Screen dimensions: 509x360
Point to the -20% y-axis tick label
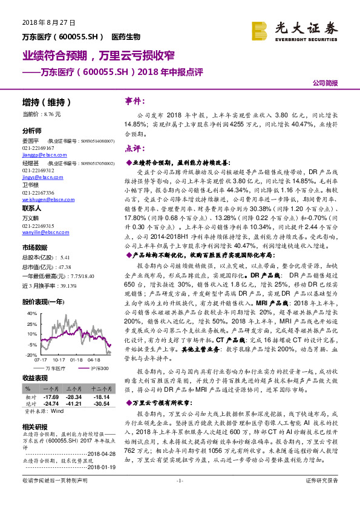pos(31,355)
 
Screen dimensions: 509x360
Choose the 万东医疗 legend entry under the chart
pos(51,368)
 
